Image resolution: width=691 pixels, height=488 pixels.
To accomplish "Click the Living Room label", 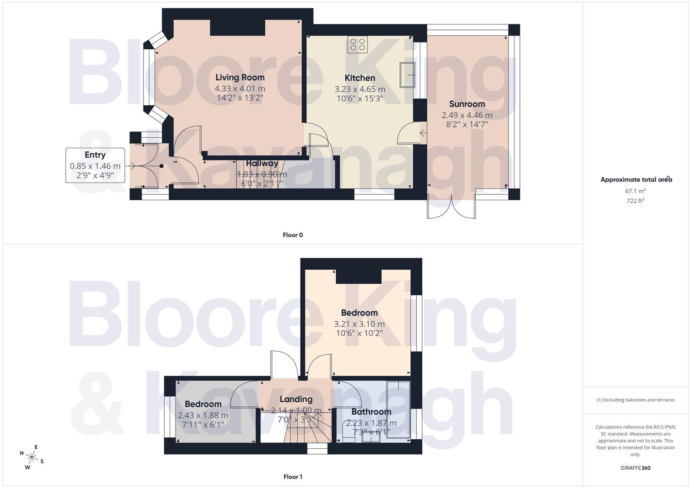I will [240, 77].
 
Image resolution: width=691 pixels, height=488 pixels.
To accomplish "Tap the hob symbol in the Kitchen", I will [357, 44].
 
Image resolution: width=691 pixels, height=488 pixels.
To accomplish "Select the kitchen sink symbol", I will [407, 75].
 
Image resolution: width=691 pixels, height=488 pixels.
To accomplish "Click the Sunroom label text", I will [467, 104].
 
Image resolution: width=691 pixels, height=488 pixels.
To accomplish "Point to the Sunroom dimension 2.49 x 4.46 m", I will [467, 115].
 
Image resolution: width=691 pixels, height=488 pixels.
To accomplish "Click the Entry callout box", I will [95, 165].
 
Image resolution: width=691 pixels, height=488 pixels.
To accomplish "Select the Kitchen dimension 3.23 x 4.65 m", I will [360, 89].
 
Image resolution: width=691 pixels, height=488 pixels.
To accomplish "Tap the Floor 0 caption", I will [293, 235].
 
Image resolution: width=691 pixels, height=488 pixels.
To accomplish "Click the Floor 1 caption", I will [293, 477].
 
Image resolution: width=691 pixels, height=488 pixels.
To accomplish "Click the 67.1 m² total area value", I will [635, 191].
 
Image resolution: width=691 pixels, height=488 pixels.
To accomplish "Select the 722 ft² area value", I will [635, 201].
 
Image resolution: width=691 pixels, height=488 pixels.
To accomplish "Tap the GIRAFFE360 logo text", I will [636, 468].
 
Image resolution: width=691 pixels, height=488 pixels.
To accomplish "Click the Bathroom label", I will [371, 412].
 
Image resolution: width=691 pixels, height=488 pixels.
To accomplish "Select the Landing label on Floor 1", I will [296, 399].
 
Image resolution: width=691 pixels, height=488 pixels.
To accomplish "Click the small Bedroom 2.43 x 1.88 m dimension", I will [203, 415].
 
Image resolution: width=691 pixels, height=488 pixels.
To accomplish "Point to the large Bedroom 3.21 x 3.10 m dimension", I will [359, 324].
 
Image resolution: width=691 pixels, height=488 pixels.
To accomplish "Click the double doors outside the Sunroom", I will [451, 208].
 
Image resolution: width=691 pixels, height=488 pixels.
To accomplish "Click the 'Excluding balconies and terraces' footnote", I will [635, 400].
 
